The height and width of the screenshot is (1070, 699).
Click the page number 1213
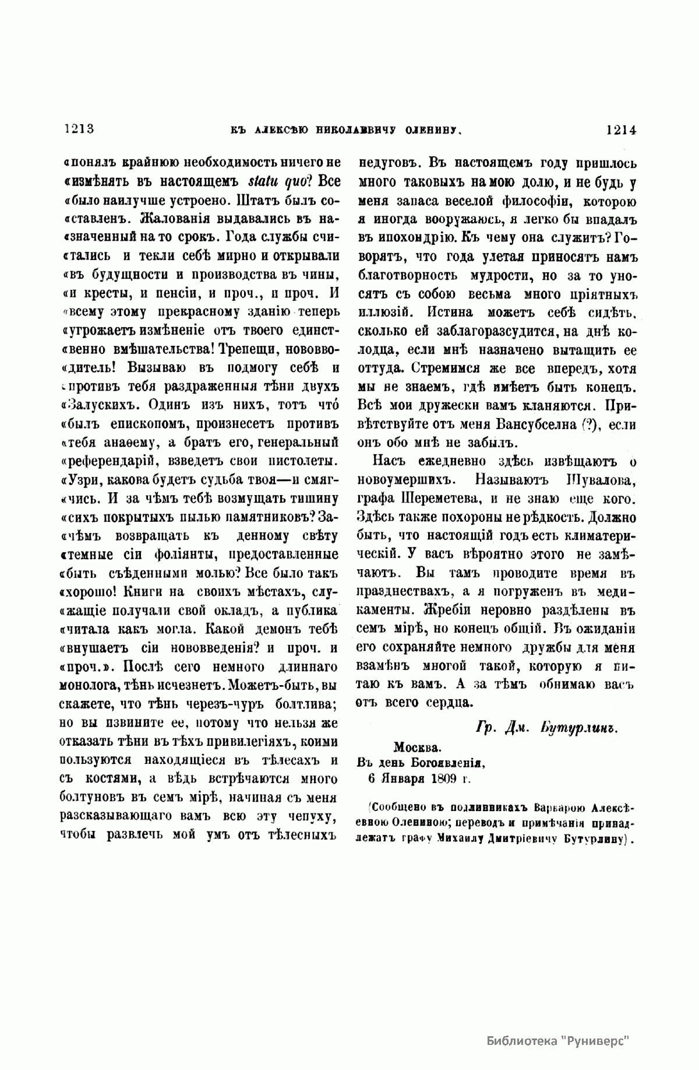77,129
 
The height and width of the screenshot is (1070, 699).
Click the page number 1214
622,129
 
